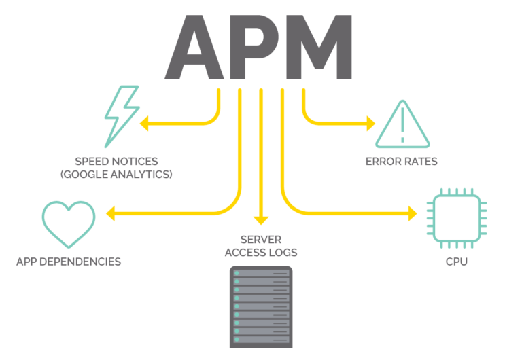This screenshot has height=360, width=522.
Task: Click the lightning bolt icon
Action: pos(121,117)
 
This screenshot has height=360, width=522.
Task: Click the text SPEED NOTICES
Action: pos(116,162)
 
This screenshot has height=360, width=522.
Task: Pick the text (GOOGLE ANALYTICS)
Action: pos(116,175)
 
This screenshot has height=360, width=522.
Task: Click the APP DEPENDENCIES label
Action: pos(69,262)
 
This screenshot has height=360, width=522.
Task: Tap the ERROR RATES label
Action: pos(401,162)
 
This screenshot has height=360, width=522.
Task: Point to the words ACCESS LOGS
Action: pos(262,253)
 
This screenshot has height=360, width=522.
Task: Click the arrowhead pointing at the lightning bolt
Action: pos(145,124)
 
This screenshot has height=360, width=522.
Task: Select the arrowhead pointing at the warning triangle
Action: pos(369,124)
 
